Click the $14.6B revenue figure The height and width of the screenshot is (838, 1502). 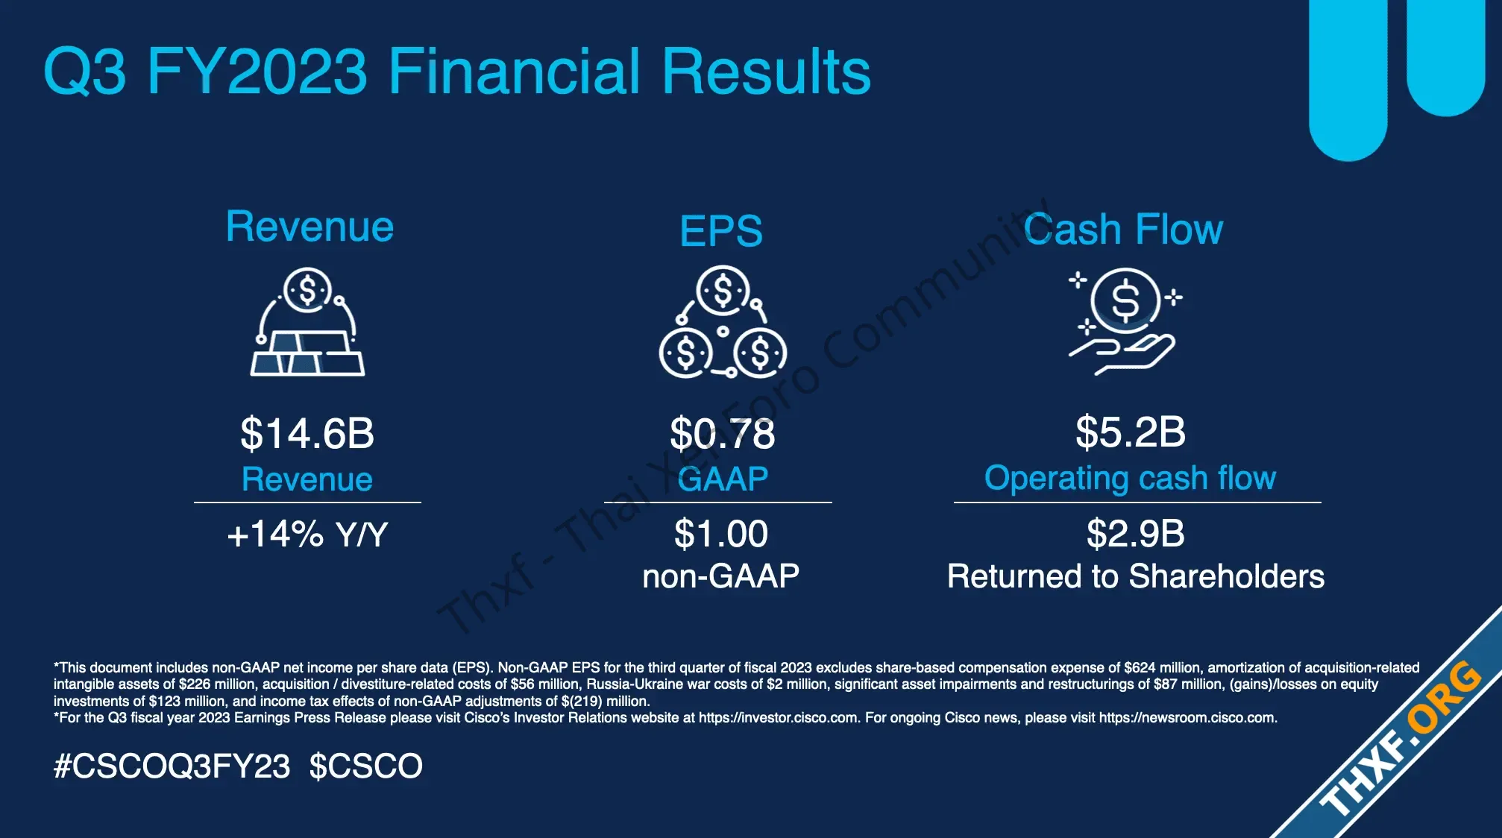307,433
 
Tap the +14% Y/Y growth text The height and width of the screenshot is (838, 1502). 307,534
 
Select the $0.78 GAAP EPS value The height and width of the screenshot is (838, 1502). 723,433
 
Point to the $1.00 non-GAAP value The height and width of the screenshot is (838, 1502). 721,534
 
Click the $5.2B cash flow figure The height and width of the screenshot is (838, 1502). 1131,432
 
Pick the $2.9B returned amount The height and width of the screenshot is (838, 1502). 1136,534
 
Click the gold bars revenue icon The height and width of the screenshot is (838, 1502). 307,321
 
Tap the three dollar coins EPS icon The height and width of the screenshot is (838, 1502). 723,321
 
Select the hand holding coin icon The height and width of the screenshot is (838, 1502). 1125,321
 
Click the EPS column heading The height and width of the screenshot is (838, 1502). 721,231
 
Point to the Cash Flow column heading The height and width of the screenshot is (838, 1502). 1123,229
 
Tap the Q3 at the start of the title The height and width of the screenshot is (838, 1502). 85,72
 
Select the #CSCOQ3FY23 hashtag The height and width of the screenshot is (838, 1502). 172,766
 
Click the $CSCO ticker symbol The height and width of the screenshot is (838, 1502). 366,766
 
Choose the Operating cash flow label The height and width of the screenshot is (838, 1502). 1131,479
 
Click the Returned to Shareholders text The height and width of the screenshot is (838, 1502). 1136,576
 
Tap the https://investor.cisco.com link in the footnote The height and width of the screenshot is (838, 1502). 779,718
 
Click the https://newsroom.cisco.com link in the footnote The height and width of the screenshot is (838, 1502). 1187,718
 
